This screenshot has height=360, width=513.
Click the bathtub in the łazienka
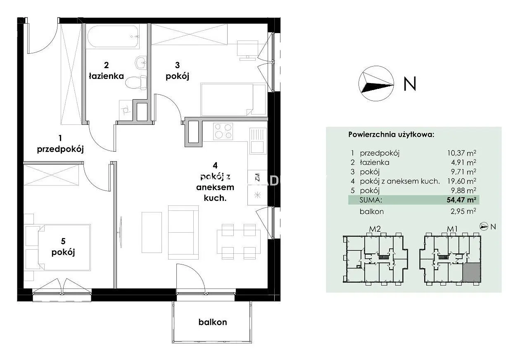tap(113, 37)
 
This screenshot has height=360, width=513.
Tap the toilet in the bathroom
tap(136, 83)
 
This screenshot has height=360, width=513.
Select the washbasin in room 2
tap(141, 62)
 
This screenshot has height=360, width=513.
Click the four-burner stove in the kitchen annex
tap(223, 131)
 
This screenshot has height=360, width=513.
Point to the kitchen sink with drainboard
tap(258, 141)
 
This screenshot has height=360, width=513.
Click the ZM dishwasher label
tap(257, 177)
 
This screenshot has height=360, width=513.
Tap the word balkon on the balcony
tap(213, 322)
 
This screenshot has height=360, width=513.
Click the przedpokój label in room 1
tap(60, 149)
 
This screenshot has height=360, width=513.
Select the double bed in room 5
tap(64, 247)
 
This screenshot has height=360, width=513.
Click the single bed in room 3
tap(233, 100)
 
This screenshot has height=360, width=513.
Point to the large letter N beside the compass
tap(410, 83)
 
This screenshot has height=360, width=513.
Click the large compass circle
tap(376, 83)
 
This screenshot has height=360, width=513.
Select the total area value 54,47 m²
tap(461, 200)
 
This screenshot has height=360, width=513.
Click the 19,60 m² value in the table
tap(462, 181)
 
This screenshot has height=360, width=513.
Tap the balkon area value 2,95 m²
tap(463, 211)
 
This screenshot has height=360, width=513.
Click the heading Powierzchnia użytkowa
tap(391, 134)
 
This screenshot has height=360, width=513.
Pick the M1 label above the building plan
tap(452, 229)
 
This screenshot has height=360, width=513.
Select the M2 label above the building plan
tap(375, 229)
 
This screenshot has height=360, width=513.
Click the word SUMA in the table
tap(370, 200)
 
